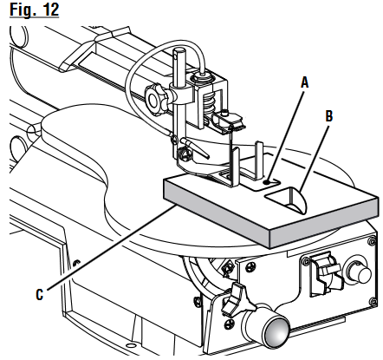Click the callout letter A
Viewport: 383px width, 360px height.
coord(304,82)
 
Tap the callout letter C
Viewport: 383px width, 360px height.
coord(39,293)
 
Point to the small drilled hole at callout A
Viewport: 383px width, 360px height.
coord(271,182)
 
